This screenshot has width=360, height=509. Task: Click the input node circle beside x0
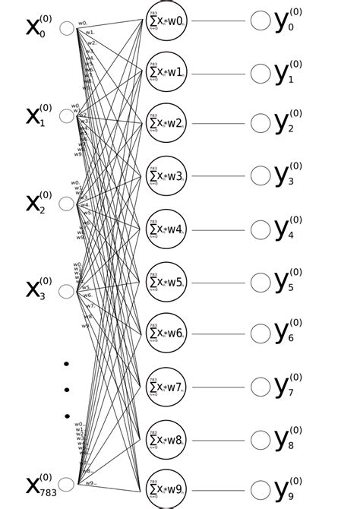[x=67, y=28]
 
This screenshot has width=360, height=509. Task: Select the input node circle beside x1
[x=67, y=115]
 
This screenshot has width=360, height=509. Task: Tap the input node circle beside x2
[x=67, y=204]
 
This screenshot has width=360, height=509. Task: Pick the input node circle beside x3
[x=67, y=291]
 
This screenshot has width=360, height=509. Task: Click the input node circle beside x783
[x=67, y=484]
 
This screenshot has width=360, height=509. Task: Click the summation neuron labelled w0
[x=166, y=21]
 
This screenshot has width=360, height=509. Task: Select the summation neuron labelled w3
[x=166, y=175]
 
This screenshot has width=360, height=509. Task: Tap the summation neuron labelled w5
[x=166, y=282]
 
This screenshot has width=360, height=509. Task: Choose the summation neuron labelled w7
[x=166, y=387]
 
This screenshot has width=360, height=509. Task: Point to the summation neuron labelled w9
[x=166, y=489]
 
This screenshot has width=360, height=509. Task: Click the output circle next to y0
[x=261, y=21]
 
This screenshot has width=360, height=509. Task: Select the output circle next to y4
[x=261, y=229]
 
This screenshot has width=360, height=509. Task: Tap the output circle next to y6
[x=261, y=334]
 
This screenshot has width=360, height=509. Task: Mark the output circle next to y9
[x=261, y=490]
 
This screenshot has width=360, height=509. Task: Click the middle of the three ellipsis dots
[x=67, y=390]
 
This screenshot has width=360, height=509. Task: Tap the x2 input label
[x=38, y=203]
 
